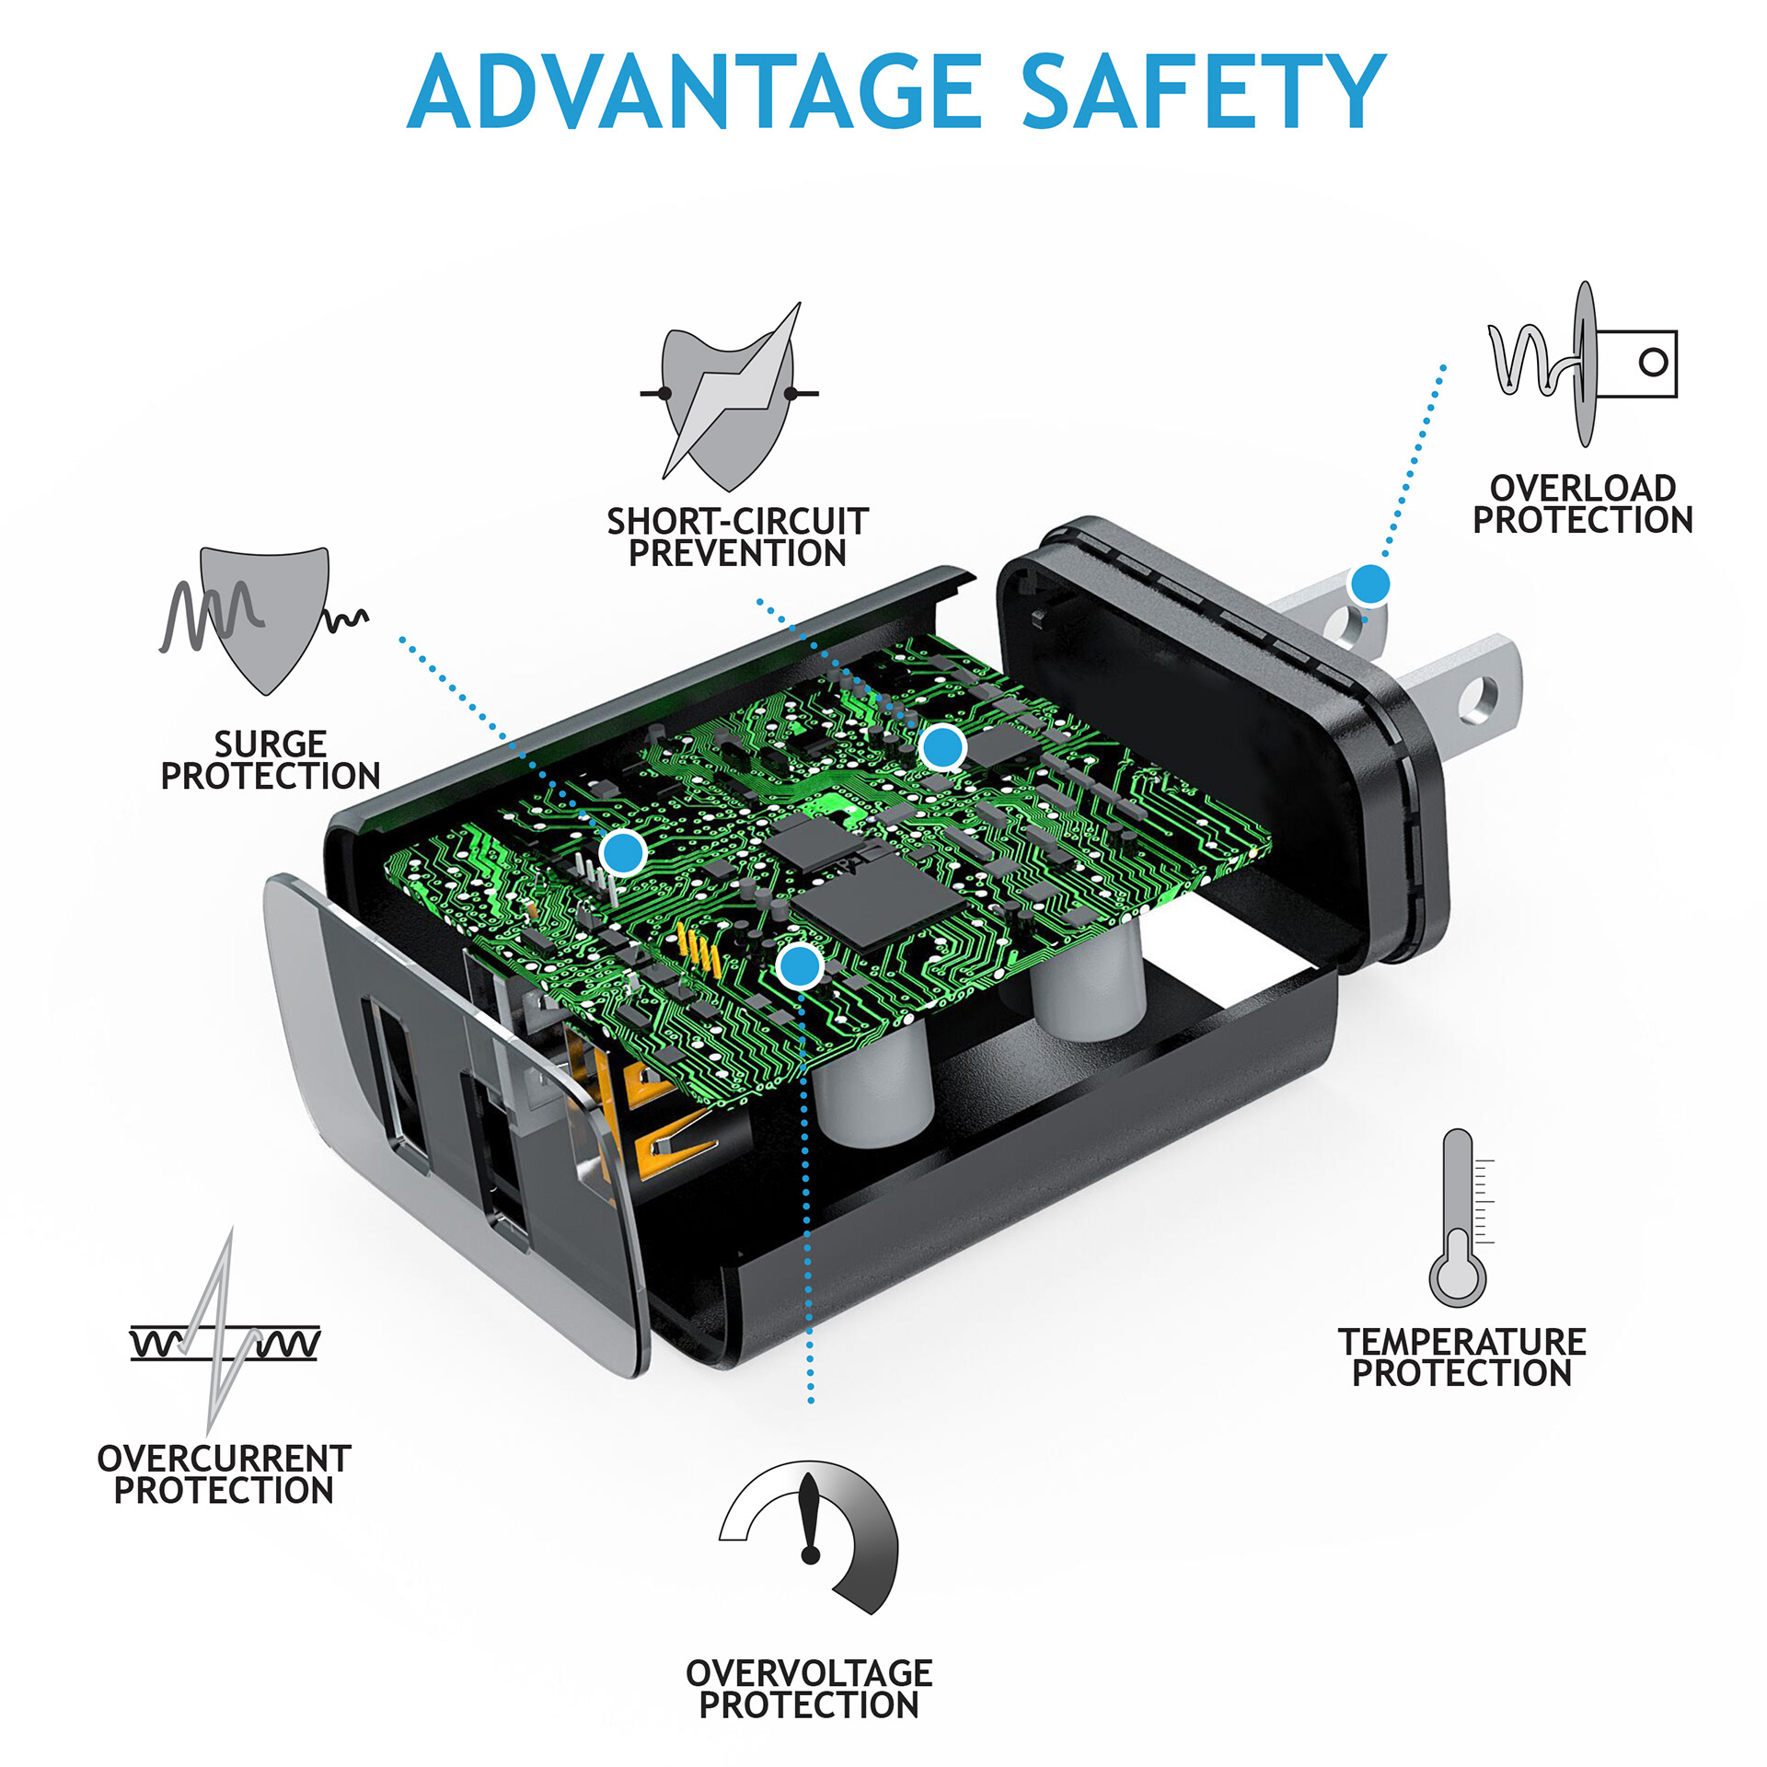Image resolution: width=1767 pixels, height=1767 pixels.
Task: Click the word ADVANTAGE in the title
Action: coord(695,92)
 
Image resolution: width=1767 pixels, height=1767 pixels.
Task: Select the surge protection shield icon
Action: coord(263,616)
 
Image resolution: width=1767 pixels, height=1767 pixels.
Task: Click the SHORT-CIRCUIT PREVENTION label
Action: coord(737,537)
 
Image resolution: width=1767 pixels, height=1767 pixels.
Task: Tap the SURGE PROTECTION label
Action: coord(271,760)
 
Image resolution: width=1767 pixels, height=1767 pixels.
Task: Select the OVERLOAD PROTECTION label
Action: coord(1583,504)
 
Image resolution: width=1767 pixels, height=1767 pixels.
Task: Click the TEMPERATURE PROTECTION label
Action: coord(1462,1357)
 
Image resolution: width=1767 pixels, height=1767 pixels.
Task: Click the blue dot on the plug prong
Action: coord(1369,583)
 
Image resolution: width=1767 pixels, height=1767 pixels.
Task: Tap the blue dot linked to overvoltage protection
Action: coord(799,966)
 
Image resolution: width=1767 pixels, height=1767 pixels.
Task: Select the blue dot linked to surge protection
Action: coord(623,852)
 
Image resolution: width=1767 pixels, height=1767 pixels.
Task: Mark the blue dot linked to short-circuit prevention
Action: coord(942,747)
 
